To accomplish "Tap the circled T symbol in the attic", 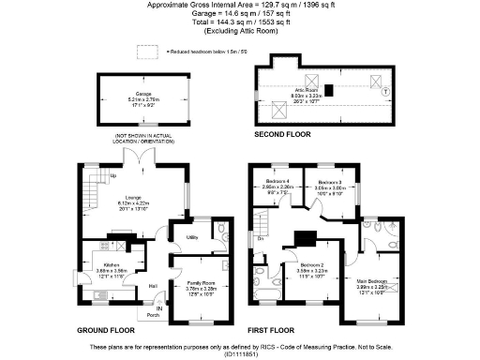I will pyautogui.click(x=386, y=92).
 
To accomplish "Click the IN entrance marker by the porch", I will pyautogui.click(x=158, y=307).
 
